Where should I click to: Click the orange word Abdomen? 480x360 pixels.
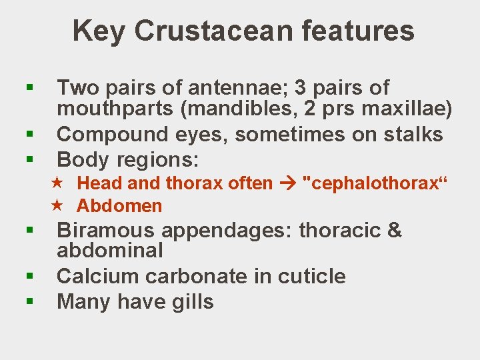pyautogui.click(x=119, y=206)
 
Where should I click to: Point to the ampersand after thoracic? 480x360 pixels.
pyautogui.click(x=394, y=231)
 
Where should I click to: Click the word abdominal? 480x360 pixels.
pyautogui.click(x=110, y=251)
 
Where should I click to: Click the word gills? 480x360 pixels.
pyautogui.click(x=191, y=302)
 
